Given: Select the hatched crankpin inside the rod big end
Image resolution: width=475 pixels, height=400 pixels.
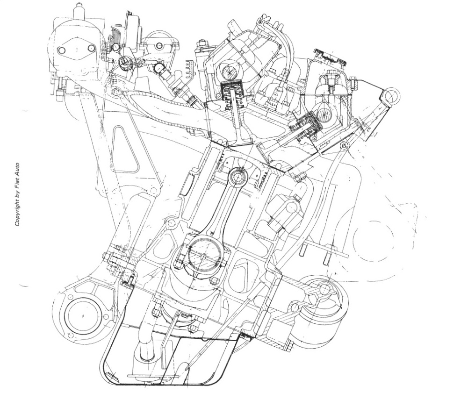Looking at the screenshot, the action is click(202, 256).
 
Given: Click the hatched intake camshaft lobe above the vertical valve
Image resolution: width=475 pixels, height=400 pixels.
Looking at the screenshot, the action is click(230, 71).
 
